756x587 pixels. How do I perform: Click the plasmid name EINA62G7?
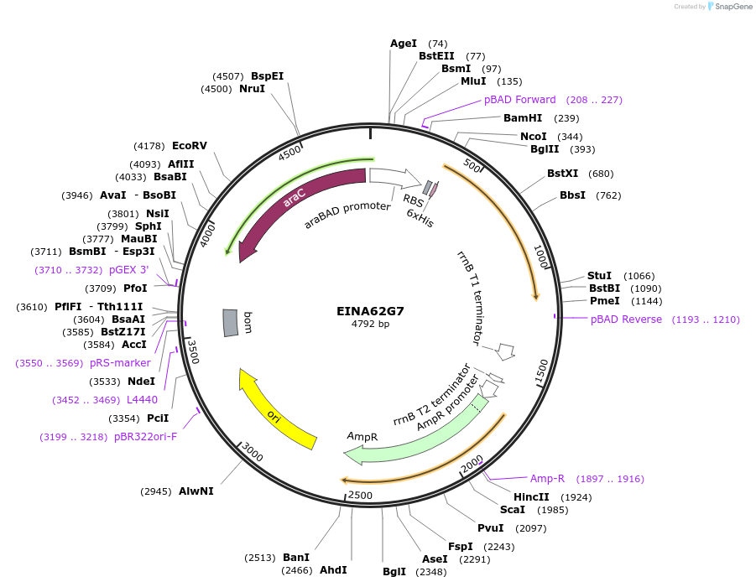[x=370, y=310]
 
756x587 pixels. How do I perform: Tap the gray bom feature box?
[x=231, y=323]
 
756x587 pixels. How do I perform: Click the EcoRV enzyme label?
[x=189, y=146]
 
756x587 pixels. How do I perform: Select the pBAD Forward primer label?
[x=519, y=100]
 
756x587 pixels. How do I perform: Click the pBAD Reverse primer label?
[x=626, y=319]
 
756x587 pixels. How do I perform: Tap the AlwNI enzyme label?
[x=196, y=491]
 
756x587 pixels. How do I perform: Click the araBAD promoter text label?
[x=347, y=216]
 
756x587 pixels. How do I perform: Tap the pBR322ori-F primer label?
[x=145, y=437]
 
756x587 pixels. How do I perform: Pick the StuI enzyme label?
[x=599, y=276]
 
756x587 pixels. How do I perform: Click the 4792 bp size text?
[x=370, y=324]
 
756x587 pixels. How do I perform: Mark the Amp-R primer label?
[x=547, y=479]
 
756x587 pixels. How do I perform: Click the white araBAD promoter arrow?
[x=394, y=177]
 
